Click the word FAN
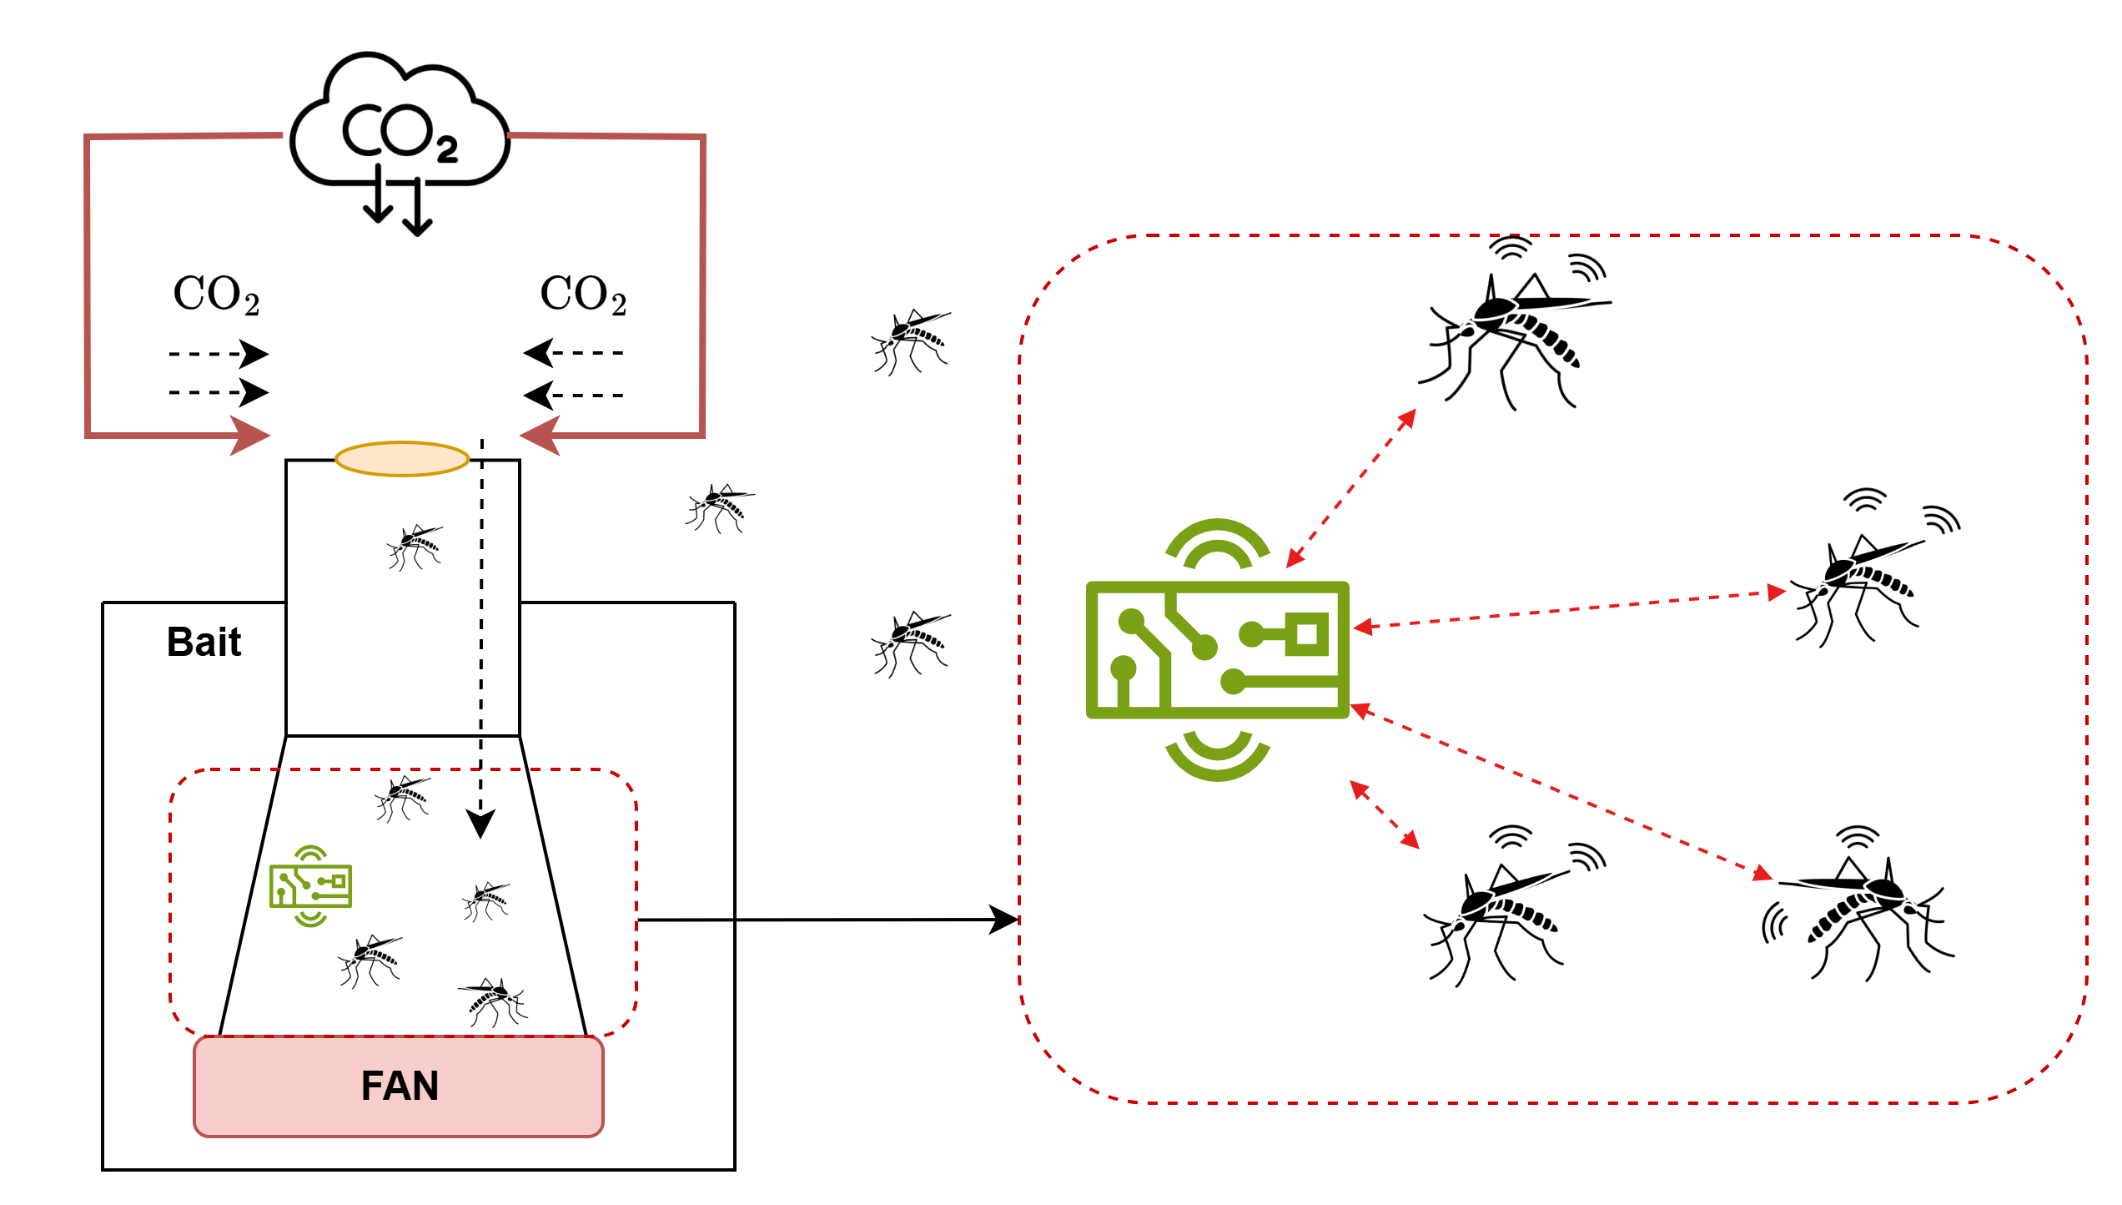coord(400,1086)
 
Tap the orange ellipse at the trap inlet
coord(402,459)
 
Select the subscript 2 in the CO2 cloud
coord(447,150)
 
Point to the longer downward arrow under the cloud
coord(417,209)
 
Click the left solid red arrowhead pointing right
coord(249,436)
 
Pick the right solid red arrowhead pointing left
coord(540,436)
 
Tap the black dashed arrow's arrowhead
coord(480,823)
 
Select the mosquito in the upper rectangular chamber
coord(415,547)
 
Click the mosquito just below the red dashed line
coord(403,798)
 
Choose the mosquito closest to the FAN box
coord(495,1001)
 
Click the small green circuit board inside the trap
coord(310,886)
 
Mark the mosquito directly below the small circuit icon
coord(370,960)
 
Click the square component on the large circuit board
coord(1307,634)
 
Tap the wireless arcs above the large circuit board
coord(1218,542)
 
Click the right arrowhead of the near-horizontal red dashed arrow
coord(1777,592)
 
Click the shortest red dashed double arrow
coord(1385,814)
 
